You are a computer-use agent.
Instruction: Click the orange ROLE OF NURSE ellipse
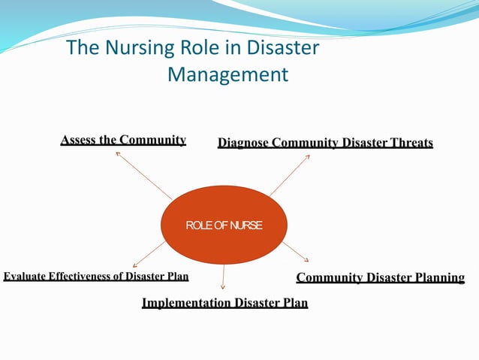click(x=224, y=225)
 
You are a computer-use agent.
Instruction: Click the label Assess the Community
click(x=123, y=140)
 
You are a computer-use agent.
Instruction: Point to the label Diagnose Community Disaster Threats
click(x=325, y=143)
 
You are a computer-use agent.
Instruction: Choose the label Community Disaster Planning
click(x=381, y=278)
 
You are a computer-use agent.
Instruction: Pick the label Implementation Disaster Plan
click(x=224, y=303)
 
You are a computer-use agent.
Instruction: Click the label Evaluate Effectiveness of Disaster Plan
click(x=95, y=276)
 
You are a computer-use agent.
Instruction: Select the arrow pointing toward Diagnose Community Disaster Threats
click(x=289, y=175)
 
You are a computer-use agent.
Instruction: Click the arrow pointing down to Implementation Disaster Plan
click(x=224, y=277)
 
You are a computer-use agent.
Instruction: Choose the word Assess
click(x=78, y=140)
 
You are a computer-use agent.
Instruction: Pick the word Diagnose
click(x=243, y=143)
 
